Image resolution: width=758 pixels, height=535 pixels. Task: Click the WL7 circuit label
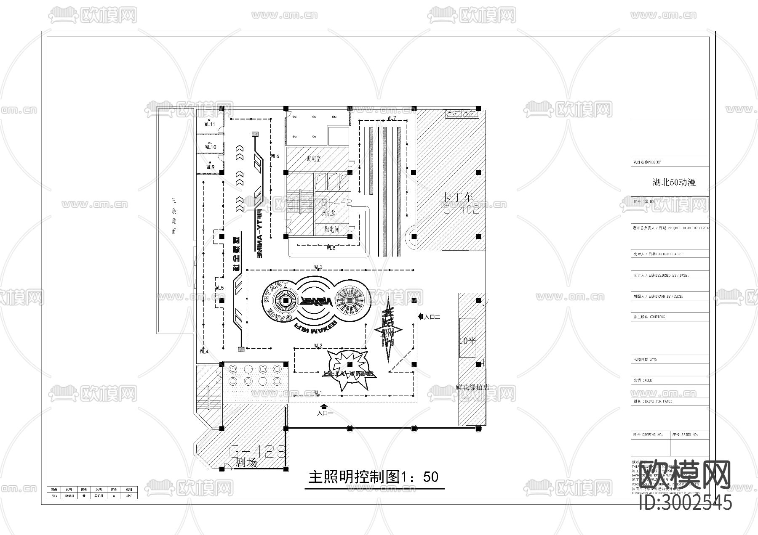click(392, 118)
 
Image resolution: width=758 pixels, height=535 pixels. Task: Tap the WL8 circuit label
click(331, 248)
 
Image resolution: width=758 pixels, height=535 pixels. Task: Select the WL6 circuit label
click(275, 156)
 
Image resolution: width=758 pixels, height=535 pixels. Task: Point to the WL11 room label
click(210, 124)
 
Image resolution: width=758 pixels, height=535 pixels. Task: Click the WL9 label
click(210, 167)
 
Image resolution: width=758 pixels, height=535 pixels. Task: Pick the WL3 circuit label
click(318, 267)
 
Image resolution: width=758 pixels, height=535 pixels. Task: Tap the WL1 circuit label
click(318, 392)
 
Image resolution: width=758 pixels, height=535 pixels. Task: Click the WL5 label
click(219, 288)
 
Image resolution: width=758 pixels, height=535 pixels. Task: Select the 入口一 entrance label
click(325, 413)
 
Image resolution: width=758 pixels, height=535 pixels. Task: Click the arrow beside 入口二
click(420, 316)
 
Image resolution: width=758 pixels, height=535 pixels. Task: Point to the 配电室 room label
click(314, 159)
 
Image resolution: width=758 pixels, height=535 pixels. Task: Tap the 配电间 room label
click(331, 229)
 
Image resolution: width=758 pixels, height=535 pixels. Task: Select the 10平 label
click(467, 341)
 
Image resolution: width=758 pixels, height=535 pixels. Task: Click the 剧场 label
click(246, 463)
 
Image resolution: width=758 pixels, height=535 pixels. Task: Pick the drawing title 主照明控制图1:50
click(373, 477)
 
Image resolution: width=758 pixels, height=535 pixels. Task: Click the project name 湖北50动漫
click(674, 183)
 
